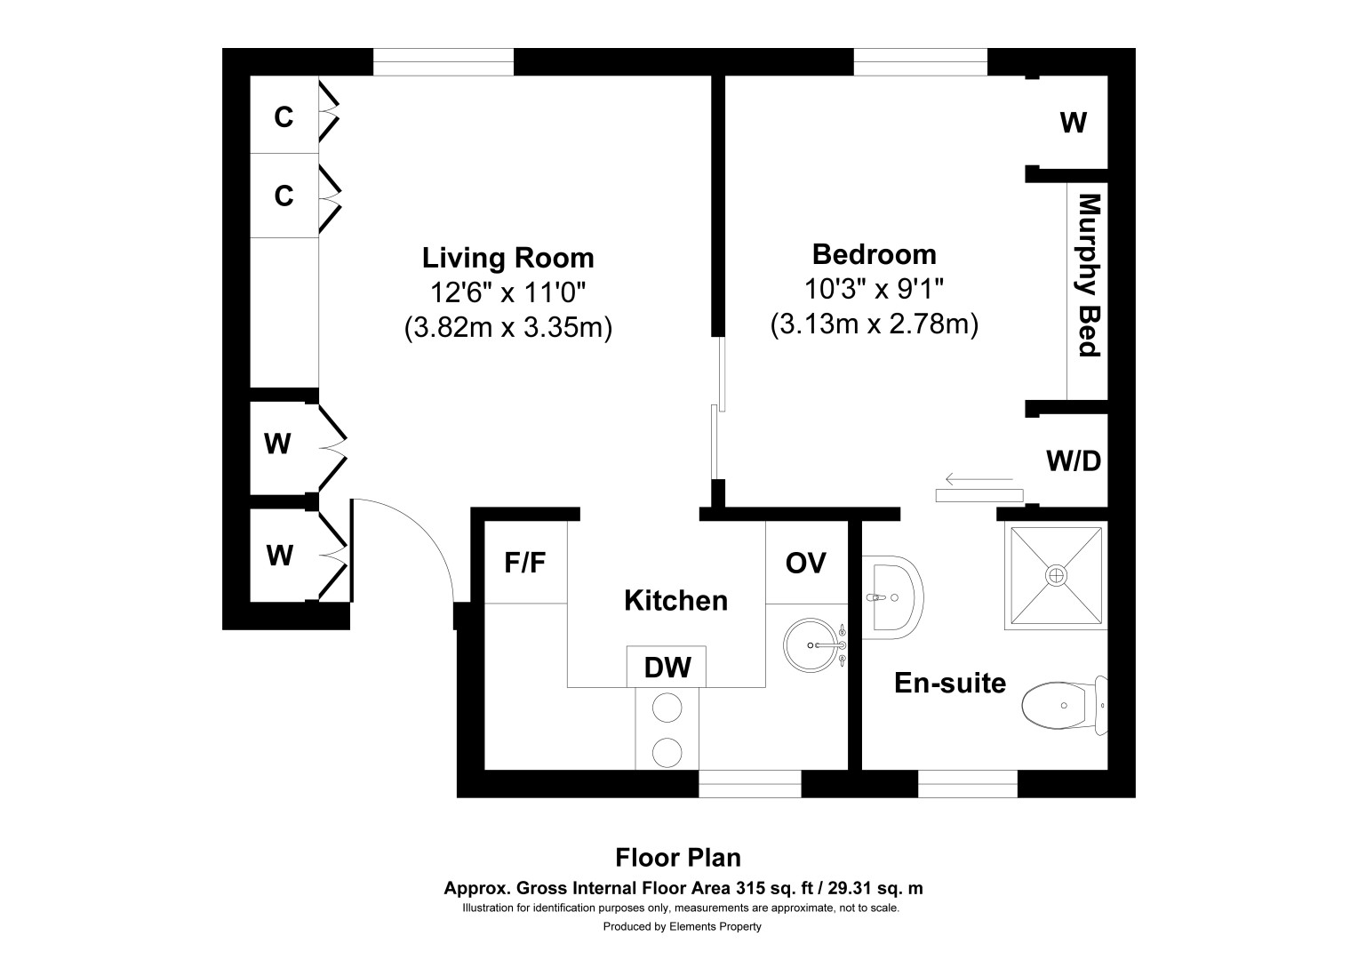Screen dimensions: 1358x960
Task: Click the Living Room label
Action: pyautogui.click(x=508, y=258)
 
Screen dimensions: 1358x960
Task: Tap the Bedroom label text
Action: pyautogui.click(x=875, y=254)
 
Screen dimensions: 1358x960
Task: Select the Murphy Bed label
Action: pyautogui.click(x=1089, y=276)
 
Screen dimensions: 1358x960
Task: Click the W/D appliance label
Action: pyautogui.click(x=1073, y=461)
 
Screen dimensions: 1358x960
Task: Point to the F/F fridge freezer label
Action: pyautogui.click(x=525, y=563)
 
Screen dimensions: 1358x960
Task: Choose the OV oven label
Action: pyautogui.click(x=806, y=564)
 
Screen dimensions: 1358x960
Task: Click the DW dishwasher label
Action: pyautogui.click(x=667, y=668)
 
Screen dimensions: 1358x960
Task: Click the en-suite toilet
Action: pyautogui.click(x=1065, y=705)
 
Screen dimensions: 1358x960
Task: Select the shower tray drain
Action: pyautogui.click(x=1056, y=575)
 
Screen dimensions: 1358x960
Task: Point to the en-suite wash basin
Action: pyautogui.click(x=891, y=597)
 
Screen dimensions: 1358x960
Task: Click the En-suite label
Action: pyautogui.click(x=950, y=684)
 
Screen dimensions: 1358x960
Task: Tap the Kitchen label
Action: pyautogui.click(x=676, y=601)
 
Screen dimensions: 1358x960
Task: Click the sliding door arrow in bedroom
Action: pyautogui.click(x=979, y=479)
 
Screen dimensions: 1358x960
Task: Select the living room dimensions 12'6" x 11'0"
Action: pyautogui.click(x=508, y=293)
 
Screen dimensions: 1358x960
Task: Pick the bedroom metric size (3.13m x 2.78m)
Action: pyautogui.click(x=875, y=324)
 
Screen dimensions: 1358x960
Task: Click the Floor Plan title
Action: pyautogui.click(x=678, y=858)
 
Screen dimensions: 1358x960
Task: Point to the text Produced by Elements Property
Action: pyautogui.click(x=682, y=926)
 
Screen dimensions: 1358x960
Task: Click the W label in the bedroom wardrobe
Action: pyautogui.click(x=1073, y=123)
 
